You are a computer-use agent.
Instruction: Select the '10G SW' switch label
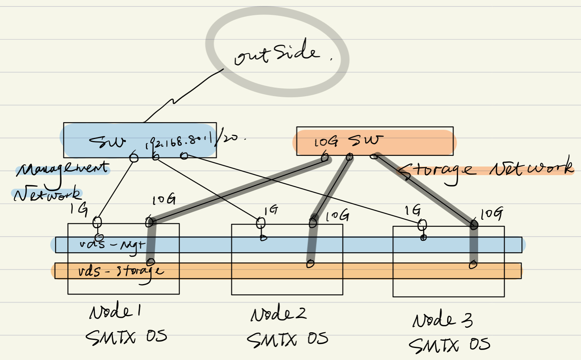click(347, 141)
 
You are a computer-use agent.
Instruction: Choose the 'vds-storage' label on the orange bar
click(121, 272)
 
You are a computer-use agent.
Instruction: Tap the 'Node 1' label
click(115, 312)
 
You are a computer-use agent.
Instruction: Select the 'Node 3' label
click(442, 320)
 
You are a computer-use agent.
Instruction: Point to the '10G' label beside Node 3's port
click(491, 213)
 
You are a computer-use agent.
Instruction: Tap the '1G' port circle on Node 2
click(261, 222)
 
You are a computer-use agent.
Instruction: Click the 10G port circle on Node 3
click(474, 225)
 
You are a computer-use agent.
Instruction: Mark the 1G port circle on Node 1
click(97, 222)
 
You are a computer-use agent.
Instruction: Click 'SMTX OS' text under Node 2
click(287, 340)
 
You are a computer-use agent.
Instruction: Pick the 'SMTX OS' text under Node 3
click(449, 345)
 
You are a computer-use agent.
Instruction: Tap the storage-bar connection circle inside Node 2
click(310, 264)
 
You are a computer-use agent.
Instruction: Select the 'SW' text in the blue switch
click(107, 141)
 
